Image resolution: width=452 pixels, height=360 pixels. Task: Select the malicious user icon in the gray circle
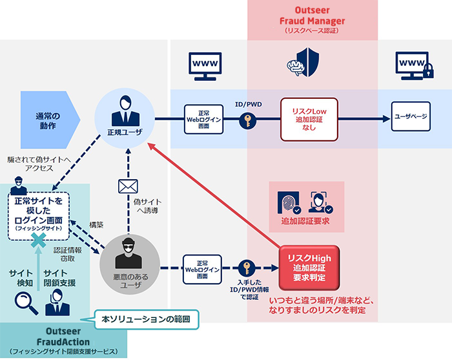pos(128,257)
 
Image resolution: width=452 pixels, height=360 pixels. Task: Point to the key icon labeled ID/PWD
pos(247,121)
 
